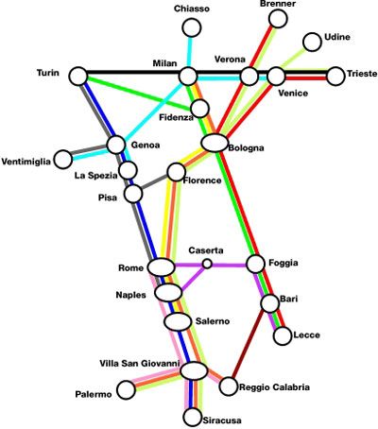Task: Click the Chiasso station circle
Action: pyautogui.click(x=191, y=27)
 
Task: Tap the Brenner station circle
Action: pyautogui.click(x=278, y=18)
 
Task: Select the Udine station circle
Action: pyautogui.click(x=312, y=42)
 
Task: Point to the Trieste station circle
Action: pyautogui.click(x=335, y=76)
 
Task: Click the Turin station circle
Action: pyautogui.click(x=78, y=76)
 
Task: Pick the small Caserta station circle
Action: pyautogui.click(x=207, y=264)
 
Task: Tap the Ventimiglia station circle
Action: pyautogui.click(x=63, y=159)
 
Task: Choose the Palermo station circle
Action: pyautogui.click(x=126, y=389)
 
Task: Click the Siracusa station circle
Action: pyautogui.click(x=192, y=417)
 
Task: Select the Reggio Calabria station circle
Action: pyautogui.click(x=229, y=386)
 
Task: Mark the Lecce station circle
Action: pyautogui.click(x=283, y=335)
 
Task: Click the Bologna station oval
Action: pyautogui.click(x=215, y=143)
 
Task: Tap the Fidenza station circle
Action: pyautogui.click(x=199, y=109)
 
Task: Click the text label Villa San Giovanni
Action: pyautogui.click(x=140, y=364)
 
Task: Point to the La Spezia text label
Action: pyautogui.click(x=95, y=176)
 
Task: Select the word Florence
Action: pyautogui.click(x=202, y=180)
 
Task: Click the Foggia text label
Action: pyautogui.click(x=283, y=263)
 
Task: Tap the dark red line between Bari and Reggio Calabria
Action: pyautogui.click(x=249, y=343)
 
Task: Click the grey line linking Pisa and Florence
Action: pyautogui.click(x=154, y=182)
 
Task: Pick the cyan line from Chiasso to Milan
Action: pyautogui.click(x=190, y=52)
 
